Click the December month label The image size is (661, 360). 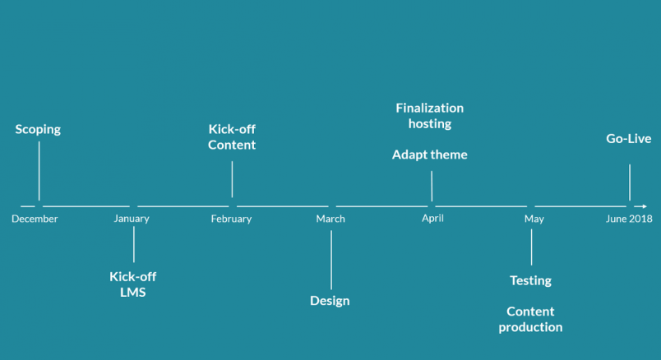tap(35, 219)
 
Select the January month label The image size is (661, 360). tap(132, 219)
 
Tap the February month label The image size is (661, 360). tap(232, 219)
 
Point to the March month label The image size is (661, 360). tap(330, 219)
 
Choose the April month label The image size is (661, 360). tap(433, 219)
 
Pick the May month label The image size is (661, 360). tap(534, 219)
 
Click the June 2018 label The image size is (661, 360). tap(629, 219)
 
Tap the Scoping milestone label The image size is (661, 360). tap(38, 129)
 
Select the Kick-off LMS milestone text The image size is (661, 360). tap(133, 284)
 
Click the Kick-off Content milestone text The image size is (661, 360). tap(232, 137)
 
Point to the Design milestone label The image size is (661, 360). tap(330, 301)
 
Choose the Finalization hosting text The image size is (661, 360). tap(430, 116)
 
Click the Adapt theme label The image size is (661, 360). tap(430, 155)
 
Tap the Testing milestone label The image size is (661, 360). tap(531, 281)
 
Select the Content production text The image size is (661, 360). tap(531, 320)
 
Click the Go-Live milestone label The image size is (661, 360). tap(629, 139)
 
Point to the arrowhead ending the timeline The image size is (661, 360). tap(644, 206)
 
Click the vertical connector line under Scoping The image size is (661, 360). tap(39, 171)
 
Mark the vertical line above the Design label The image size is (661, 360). tap(331, 260)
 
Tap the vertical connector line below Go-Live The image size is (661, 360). tap(630, 182)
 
